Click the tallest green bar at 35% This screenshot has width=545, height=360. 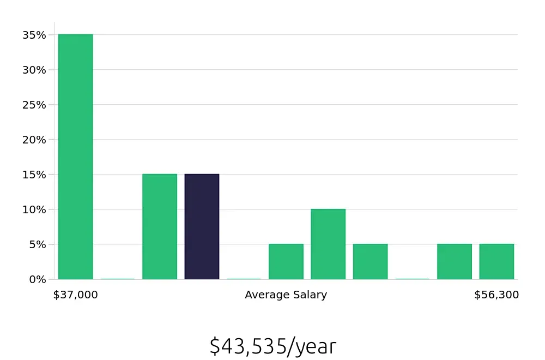coord(76,157)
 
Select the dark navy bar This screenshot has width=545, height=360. coord(202,226)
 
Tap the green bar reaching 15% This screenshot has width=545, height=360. coord(160,226)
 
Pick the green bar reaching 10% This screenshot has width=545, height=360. coord(328,244)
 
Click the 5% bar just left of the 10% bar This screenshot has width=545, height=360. coord(286,261)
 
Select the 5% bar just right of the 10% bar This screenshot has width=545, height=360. coord(370,261)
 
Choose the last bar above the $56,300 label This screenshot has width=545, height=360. coord(496,261)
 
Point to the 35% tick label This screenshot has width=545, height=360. coord(34,35)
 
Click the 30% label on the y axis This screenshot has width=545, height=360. coord(34,70)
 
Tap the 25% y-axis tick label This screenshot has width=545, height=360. coord(34,105)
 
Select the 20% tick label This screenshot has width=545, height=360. coord(34,140)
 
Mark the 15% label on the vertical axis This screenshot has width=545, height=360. coord(34,175)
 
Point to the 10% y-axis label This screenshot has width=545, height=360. coord(34,209)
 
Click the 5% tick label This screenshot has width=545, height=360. coord(37,244)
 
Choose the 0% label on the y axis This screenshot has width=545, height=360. coord(37,279)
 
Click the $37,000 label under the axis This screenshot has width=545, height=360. coord(76,295)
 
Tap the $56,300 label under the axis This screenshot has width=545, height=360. coord(496,295)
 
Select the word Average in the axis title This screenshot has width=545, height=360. coord(265,295)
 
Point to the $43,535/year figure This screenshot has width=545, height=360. coord(272,346)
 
